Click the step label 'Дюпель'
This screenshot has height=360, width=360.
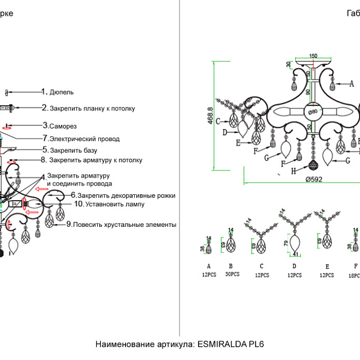(61, 92)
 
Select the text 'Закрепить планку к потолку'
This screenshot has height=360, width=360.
(92, 109)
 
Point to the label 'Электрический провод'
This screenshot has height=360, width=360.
(84, 139)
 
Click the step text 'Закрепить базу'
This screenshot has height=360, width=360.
(73, 151)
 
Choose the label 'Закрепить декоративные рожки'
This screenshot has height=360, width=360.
(127, 195)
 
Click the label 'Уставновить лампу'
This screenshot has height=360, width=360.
(109, 204)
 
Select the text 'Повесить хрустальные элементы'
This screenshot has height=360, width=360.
(124, 225)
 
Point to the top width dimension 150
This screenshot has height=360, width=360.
(313, 56)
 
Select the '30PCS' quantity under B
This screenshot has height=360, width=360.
(232, 274)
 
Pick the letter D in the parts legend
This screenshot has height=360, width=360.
(294, 267)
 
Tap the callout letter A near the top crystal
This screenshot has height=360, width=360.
(352, 83)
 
